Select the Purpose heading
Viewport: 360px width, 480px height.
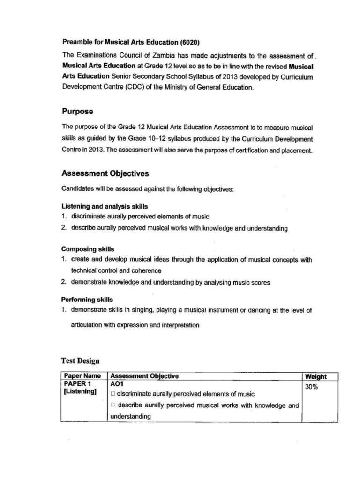pos(77,112)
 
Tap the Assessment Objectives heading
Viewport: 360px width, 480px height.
pos(105,173)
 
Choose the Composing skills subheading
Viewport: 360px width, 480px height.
pos(88,249)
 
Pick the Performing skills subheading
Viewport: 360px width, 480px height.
pos(87,299)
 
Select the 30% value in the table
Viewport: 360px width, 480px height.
pos(312,387)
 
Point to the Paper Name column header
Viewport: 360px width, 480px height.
pos(82,376)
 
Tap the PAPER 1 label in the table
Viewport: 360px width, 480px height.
pos(76,383)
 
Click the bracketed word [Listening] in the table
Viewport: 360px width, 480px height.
pos(80,391)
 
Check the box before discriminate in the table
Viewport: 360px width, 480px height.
pos(113,394)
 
